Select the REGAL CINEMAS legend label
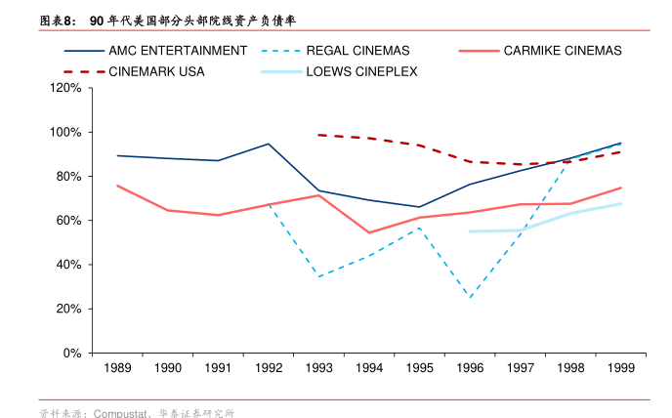pyautogui.click(x=357, y=51)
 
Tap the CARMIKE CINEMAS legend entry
pyautogui.click(x=562, y=51)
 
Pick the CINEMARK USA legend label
pyautogui.click(x=156, y=71)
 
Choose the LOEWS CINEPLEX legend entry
pyautogui.click(x=361, y=71)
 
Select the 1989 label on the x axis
pyautogui.click(x=117, y=368)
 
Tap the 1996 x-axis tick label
pyautogui.click(x=469, y=368)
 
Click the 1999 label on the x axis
pyautogui.click(x=620, y=368)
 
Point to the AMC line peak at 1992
pyautogui.click(x=269, y=144)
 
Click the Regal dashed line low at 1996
pyautogui.click(x=470, y=297)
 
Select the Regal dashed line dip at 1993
pyautogui.click(x=318, y=276)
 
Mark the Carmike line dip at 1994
pyautogui.click(x=369, y=232)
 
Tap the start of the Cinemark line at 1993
pyautogui.click(x=318, y=135)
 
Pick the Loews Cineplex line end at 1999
pyautogui.click(x=620, y=203)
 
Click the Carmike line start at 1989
pyautogui.click(x=117, y=186)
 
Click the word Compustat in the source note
pyautogui.click(x=122, y=413)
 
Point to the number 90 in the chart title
pyautogui.click(x=96, y=20)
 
